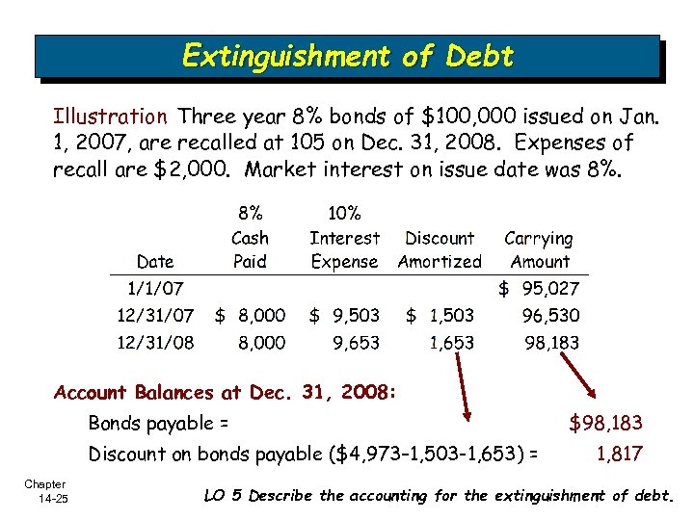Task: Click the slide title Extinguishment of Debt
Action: [x=347, y=56]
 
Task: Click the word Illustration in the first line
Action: [x=110, y=117]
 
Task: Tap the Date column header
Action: [x=156, y=261]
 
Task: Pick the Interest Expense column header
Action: [x=344, y=249]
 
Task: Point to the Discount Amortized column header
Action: [x=440, y=249]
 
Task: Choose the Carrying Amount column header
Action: [x=539, y=249]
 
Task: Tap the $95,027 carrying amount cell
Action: [x=539, y=288]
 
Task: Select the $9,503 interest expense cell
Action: [x=344, y=315]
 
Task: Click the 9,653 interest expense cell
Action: [x=356, y=342]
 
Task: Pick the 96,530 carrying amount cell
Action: [x=550, y=315]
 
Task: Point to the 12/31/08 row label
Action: [x=155, y=342]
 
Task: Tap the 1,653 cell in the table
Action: [x=451, y=342]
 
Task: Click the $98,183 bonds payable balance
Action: [x=605, y=423]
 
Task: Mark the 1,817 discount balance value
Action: [x=619, y=454]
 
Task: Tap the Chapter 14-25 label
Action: [x=45, y=490]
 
